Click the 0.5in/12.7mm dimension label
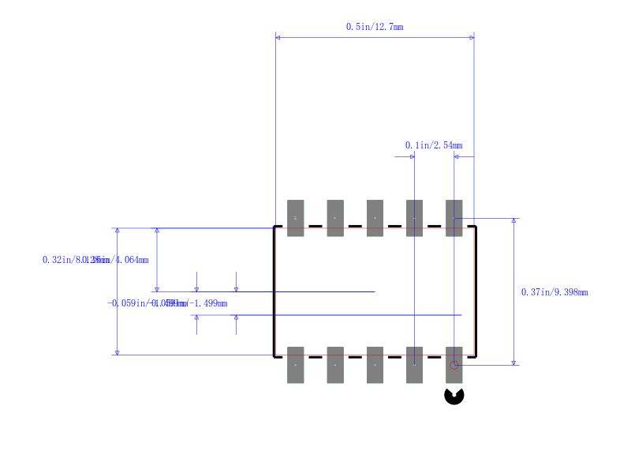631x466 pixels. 375,27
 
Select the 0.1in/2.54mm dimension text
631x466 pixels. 434,145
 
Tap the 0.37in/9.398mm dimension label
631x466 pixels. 554,292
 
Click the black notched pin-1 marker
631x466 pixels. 454,395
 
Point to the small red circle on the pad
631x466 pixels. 454,365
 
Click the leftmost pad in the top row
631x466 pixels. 295,218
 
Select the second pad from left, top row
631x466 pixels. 335,218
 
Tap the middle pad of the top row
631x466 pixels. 375,218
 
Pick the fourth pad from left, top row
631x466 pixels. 415,218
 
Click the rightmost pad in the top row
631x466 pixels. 454,218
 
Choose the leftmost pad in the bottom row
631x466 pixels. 295,365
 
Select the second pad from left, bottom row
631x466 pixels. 335,365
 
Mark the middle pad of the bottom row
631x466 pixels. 375,365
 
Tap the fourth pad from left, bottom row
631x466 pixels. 415,365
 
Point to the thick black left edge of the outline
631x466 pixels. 274,291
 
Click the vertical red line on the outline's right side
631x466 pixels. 474,291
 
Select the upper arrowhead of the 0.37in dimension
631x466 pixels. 514,222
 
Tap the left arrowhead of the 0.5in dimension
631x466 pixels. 278,37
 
